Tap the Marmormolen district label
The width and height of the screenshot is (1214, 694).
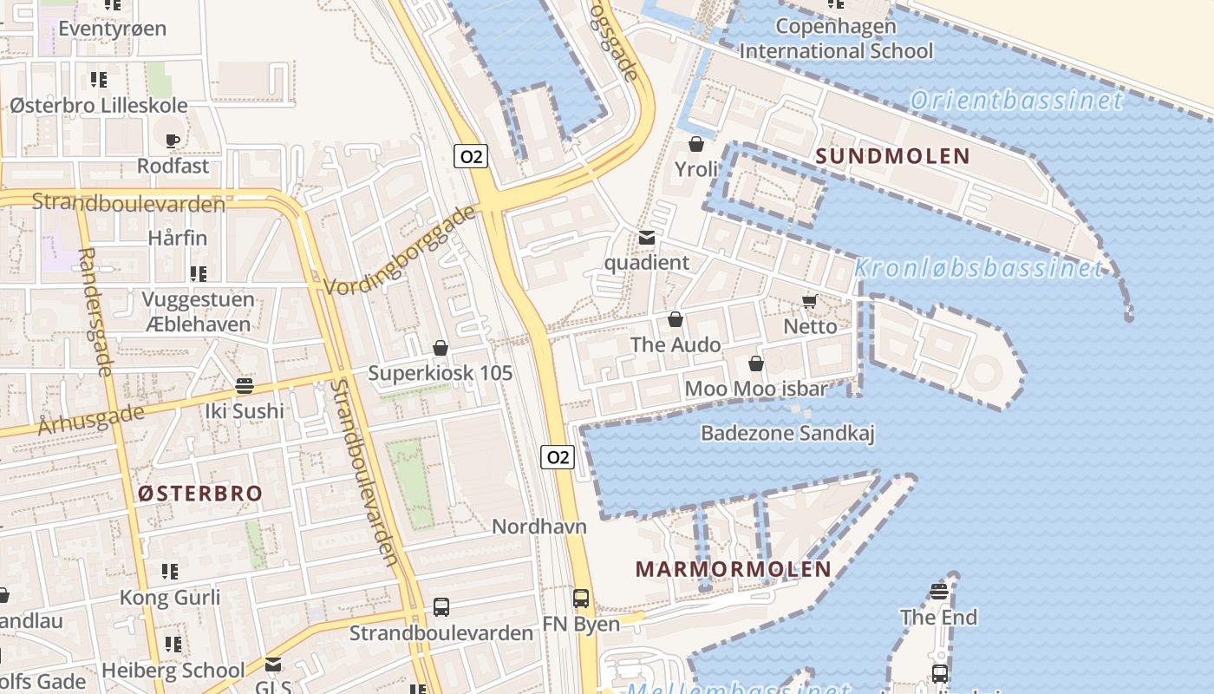click(x=734, y=569)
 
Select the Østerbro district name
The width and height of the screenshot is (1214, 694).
click(x=200, y=494)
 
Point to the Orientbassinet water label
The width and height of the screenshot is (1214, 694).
click(x=1016, y=101)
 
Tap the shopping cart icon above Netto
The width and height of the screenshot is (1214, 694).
click(x=809, y=302)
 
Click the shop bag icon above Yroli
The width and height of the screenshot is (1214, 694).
click(x=695, y=143)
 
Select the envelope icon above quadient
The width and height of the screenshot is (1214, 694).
click(x=647, y=238)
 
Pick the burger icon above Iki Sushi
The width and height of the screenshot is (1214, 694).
click(x=245, y=385)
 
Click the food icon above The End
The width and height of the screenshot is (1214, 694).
click(x=939, y=593)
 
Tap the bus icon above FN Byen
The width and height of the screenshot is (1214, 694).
click(x=581, y=598)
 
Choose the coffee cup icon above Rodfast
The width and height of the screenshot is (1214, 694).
click(x=173, y=140)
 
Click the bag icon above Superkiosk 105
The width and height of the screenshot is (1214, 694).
click(x=441, y=348)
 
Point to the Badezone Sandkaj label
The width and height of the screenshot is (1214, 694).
click(x=787, y=433)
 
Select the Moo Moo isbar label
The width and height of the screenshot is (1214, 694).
click(x=756, y=389)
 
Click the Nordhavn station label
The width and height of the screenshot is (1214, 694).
click(x=539, y=527)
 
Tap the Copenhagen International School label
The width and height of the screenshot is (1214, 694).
click(x=836, y=38)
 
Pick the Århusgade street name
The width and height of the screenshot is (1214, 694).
click(x=91, y=418)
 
